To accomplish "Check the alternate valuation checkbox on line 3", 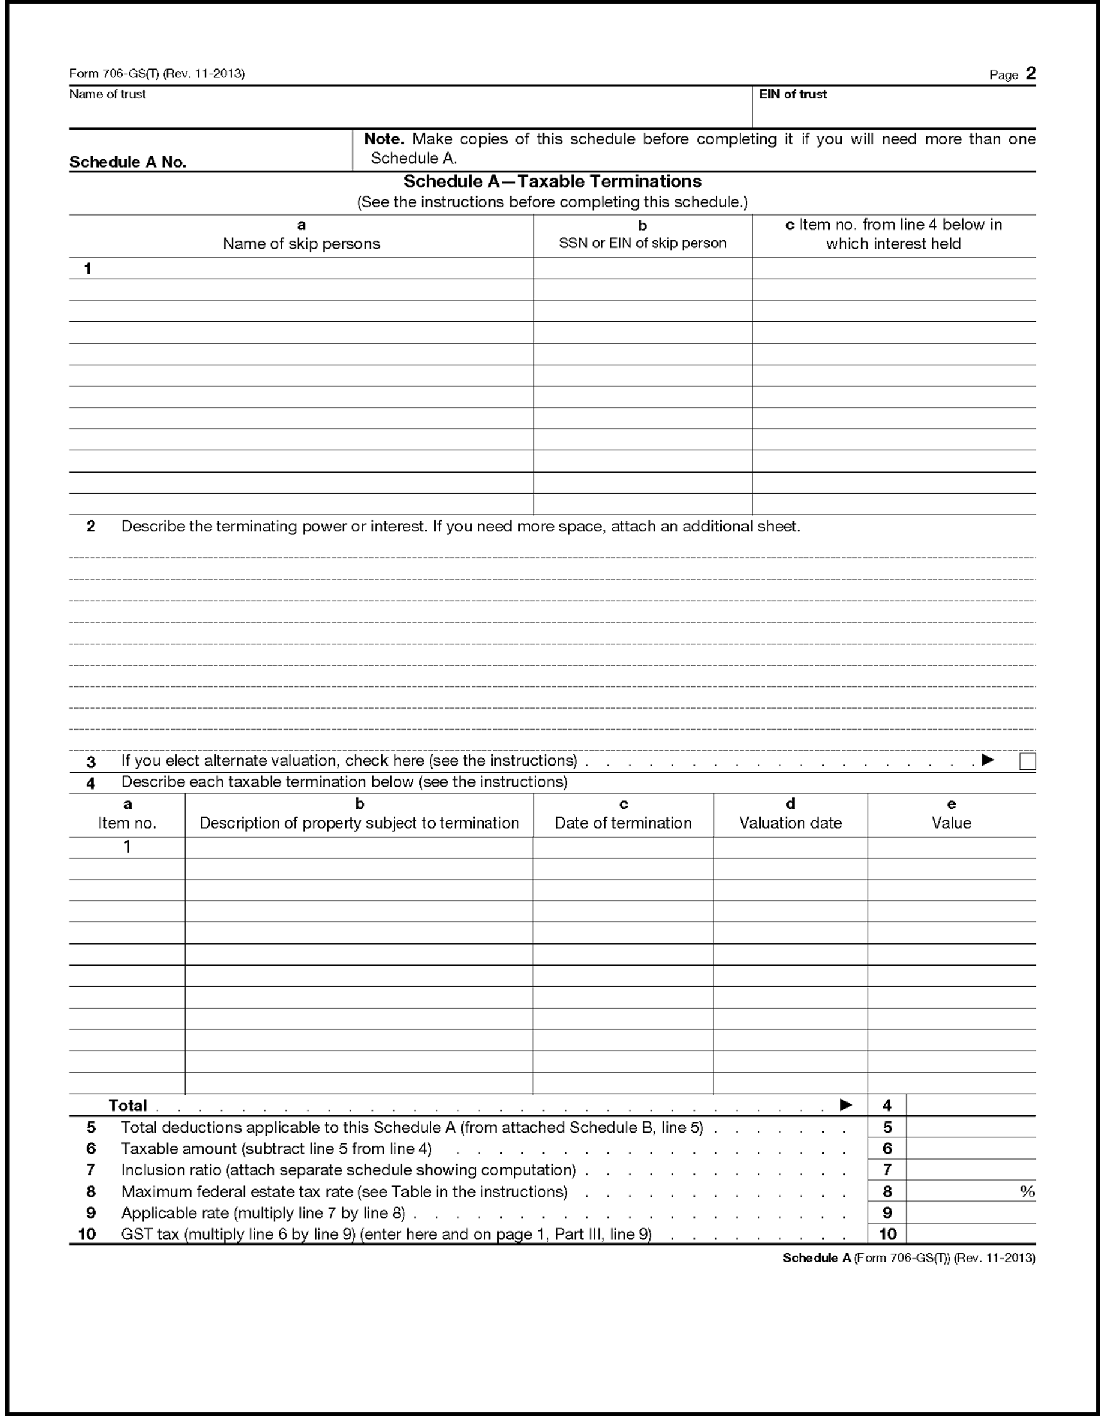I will [x=1027, y=761].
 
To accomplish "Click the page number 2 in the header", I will [x=1030, y=73].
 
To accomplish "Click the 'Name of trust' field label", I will [x=108, y=95].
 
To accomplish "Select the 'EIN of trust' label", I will [x=792, y=95].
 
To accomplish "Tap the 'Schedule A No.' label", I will [x=128, y=162].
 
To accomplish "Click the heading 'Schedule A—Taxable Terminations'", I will [x=553, y=181].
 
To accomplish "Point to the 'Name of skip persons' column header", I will [x=301, y=244].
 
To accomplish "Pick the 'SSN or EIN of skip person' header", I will [x=642, y=243].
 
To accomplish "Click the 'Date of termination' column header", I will [x=622, y=823].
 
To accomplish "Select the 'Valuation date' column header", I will [x=790, y=823].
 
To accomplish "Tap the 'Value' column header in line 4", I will [x=951, y=823].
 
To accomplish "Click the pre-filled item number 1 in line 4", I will [x=127, y=847].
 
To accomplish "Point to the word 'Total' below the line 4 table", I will [x=127, y=1105].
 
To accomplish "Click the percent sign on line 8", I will [x=1027, y=1191].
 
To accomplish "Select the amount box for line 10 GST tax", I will [x=970, y=1234].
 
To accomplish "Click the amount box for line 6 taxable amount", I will [x=970, y=1148].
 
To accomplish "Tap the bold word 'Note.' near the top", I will [x=384, y=139].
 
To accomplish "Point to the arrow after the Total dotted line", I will [x=846, y=1104].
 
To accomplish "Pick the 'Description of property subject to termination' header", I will [x=359, y=823].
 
